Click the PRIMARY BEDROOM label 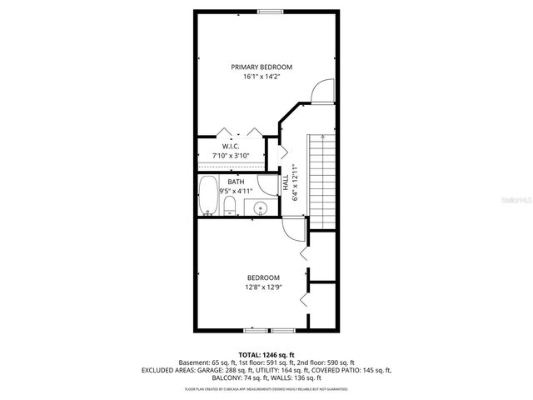(x=262, y=67)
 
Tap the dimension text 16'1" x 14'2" (x=262, y=77)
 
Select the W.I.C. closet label (x=231, y=146)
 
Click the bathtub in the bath (x=208, y=197)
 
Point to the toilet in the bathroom (x=231, y=206)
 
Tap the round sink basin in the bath (x=261, y=208)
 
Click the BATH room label (x=237, y=181)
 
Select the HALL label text (x=286, y=192)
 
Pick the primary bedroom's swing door (x=317, y=91)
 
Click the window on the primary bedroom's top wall (x=268, y=11)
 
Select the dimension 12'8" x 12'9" (x=263, y=287)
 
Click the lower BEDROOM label (x=263, y=277)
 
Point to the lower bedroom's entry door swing (x=292, y=229)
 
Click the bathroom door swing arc (x=266, y=185)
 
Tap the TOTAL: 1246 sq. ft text (x=266, y=354)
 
